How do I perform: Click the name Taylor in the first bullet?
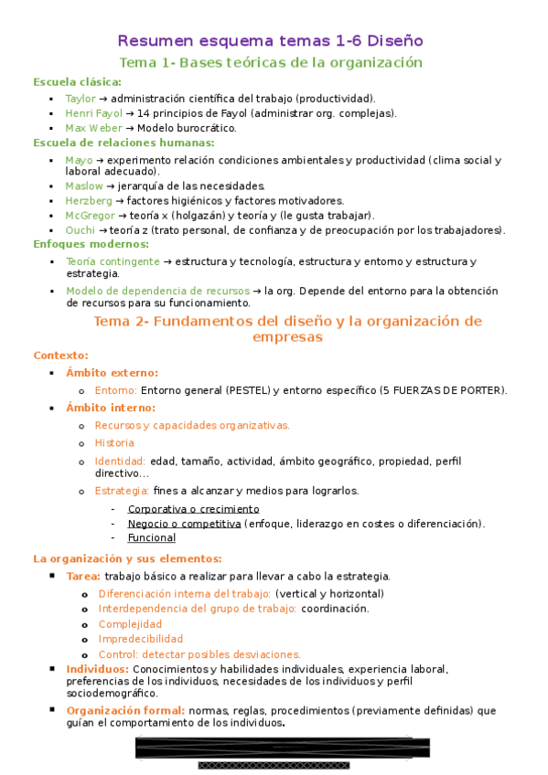pos(80,99)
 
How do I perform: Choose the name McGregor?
pos(90,215)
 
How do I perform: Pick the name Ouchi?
pos(80,229)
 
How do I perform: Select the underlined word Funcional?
pos(151,537)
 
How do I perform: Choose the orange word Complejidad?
pos(130,624)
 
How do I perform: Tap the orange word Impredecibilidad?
pos(140,639)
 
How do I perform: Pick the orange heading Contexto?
pos(60,355)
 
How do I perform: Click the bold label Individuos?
pos(96,669)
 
